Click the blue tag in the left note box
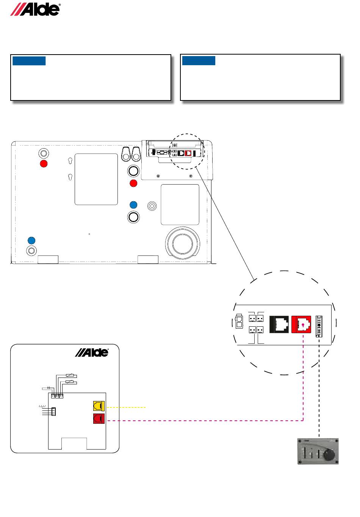29,61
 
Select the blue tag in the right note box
199,61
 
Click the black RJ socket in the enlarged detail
279,324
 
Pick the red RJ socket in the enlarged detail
301,324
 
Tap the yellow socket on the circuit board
99,406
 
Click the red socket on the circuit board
99,419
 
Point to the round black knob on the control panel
329,455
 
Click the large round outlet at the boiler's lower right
183,244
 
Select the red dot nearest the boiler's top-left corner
44,164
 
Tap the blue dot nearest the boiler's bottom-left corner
32,240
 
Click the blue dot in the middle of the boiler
133,205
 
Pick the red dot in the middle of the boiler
133,183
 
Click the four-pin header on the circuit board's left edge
53,411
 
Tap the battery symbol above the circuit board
48,388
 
